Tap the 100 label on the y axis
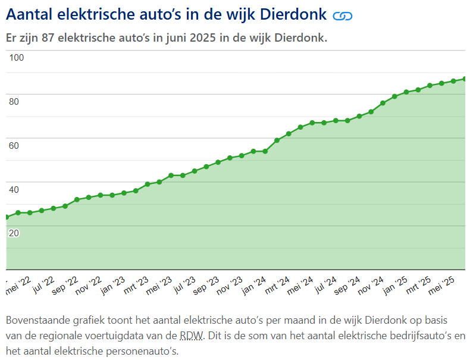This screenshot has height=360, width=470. [x=17, y=58]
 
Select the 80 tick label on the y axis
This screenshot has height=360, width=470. [x=14, y=102]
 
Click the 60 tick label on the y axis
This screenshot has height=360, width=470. [x=14, y=146]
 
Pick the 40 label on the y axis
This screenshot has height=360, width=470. [x=14, y=190]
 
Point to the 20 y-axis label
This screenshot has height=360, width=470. [x=14, y=233]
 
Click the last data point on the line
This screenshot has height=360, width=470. [x=465, y=79]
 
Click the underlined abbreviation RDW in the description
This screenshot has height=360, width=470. [x=192, y=336]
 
